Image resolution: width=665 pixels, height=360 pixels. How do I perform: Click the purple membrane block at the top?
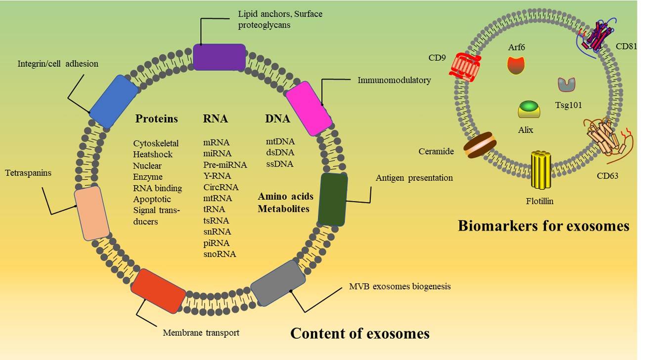click(219, 57)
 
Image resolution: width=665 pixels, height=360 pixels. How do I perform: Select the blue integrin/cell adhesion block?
click(113, 101)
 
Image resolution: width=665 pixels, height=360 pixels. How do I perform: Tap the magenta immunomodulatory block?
click(310, 107)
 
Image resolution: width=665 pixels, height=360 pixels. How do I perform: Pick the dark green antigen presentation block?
click(332, 199)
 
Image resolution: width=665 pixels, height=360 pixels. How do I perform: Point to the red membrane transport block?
click(158, 291)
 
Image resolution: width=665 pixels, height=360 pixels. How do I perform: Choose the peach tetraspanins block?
click(91, 213)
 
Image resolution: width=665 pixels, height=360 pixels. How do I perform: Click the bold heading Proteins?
click(156, 119)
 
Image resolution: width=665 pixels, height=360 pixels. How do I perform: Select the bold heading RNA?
click(216, 119)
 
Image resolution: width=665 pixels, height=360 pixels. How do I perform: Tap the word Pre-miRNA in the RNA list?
click(225, 165)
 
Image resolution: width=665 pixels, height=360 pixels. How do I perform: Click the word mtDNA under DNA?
click(280, 142)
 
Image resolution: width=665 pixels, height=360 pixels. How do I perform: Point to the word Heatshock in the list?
click(153, 154)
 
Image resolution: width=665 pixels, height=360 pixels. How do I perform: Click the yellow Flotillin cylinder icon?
click(541, 170)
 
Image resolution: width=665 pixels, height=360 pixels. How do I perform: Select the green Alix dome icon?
click(529, 109)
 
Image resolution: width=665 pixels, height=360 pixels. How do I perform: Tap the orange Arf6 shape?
click(516, 65)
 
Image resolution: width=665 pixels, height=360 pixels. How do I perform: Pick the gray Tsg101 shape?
click(566, 85)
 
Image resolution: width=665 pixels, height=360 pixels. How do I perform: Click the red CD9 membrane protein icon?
click(464, 68)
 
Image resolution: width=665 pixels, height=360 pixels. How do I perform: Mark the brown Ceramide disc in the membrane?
click(479, 145)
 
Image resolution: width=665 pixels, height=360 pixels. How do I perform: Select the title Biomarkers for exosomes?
click(543, 225)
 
